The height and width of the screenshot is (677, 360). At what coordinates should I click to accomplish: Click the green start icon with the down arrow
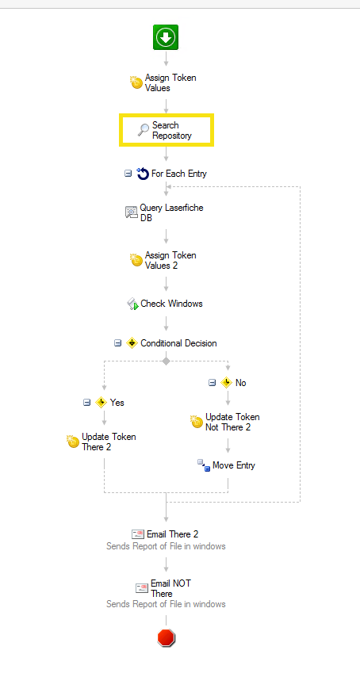tap(166, 37)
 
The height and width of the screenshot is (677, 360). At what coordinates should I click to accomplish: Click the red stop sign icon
tap(167, 637)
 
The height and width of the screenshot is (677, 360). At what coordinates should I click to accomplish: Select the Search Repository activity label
tap(171, 130)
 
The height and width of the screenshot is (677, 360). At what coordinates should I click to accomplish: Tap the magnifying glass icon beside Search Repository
tap(143, 130)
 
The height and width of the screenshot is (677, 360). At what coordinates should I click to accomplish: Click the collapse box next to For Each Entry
tap(128, 174)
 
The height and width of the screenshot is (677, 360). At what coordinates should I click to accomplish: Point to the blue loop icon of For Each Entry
tap(143, 174)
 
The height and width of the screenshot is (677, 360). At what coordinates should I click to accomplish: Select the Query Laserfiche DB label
tap(171, 213)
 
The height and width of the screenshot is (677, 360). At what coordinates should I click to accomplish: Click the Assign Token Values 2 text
tap(170, 260)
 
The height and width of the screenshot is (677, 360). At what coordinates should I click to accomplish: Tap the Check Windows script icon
tap(132, 304)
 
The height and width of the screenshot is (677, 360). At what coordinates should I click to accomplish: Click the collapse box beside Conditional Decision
tap(117, 343)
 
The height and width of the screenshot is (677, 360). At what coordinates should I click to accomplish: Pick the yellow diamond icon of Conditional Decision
tap(132, 343)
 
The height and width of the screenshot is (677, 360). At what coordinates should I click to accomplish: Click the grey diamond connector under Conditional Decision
tap(167, 361)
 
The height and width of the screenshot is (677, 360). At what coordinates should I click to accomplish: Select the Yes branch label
tap(117, 403)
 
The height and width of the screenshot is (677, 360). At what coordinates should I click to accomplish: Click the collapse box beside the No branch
tap(212, 383)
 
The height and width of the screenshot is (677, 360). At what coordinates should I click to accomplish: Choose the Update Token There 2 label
tap(109, 442)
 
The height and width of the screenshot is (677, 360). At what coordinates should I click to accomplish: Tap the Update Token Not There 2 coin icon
tap(197, 422)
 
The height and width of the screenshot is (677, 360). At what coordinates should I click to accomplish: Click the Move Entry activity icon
tap(204, 465)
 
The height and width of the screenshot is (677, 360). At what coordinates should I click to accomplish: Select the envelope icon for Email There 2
tap(138, 534)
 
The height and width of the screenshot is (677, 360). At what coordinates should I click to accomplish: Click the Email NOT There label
tap(170, 588)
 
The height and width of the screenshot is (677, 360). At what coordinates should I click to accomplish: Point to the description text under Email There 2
tap(166, 546)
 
